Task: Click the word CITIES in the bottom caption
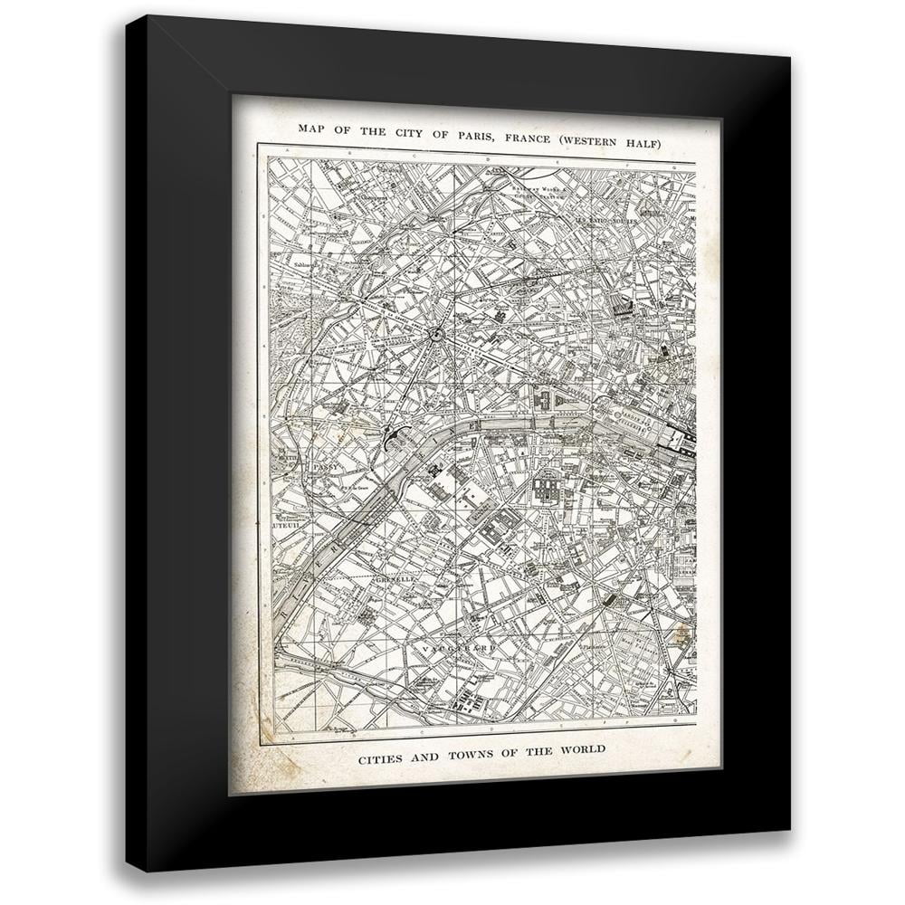coord(373,749)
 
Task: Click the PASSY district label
coord(320,468)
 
